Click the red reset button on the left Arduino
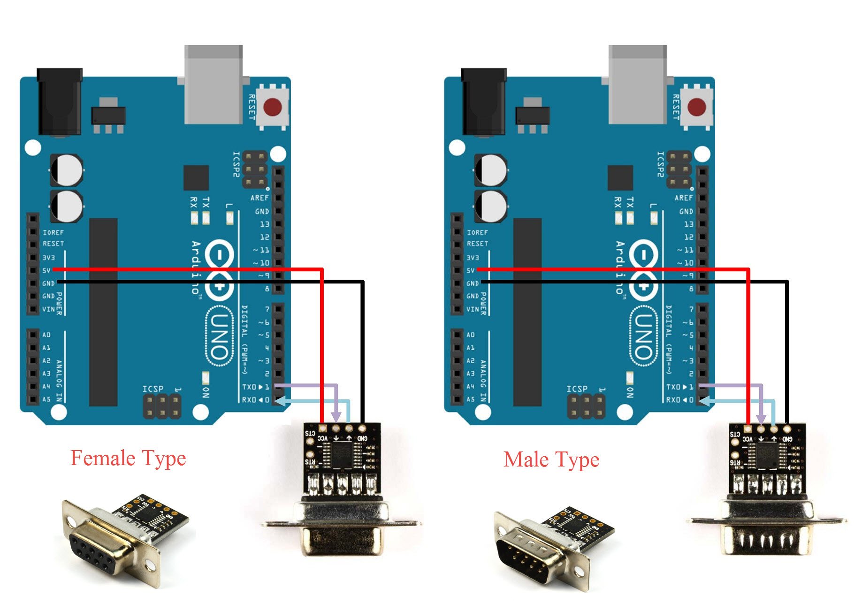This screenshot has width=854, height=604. [x=273, y=107]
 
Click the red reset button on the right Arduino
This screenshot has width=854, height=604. [x=697, y=107]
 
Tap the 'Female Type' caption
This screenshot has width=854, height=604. [x=128, y=458]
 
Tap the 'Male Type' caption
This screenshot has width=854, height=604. [x=551, y=459]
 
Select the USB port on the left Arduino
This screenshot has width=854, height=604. [x=213, y=84]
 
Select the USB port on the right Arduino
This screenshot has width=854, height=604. [x=638, y=84]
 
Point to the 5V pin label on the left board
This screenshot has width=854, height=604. [x=46, y=270]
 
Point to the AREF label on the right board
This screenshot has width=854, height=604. [x=684, y=198]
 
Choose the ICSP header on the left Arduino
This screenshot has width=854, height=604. [x=162, y=406]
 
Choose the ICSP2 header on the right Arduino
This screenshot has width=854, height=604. [x=679, y=169]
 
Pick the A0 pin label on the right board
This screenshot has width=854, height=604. [x=471, y=335]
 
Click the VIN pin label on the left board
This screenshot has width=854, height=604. [x=48, y=309]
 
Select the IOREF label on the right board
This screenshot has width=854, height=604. [x=477, y=232]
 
